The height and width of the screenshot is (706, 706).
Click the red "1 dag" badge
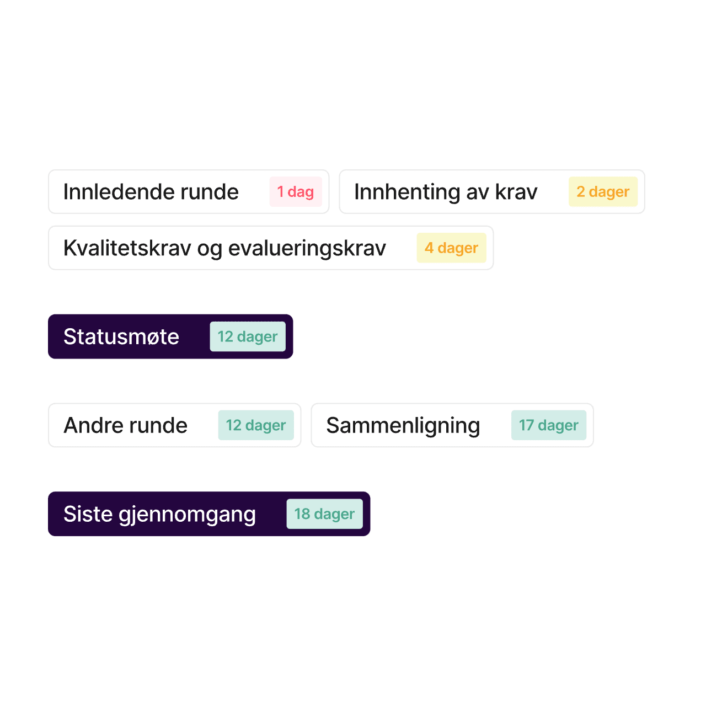(295, 191)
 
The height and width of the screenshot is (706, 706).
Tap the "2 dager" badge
(603, 191)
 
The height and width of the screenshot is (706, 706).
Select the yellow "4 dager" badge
(451, 248)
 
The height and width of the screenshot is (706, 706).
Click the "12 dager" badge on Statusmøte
(247, 336)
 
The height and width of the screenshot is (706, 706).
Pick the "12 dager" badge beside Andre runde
(256, 425)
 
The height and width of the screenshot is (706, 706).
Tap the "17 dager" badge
(548, 425)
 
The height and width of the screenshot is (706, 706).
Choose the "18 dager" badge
(324, 514)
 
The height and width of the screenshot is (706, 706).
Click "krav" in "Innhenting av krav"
(516, 191)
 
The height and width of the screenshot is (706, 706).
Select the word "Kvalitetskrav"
(127, 248)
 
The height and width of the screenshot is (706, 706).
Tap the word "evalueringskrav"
(307, 249)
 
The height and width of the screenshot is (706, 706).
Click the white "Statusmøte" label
(121, 336)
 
